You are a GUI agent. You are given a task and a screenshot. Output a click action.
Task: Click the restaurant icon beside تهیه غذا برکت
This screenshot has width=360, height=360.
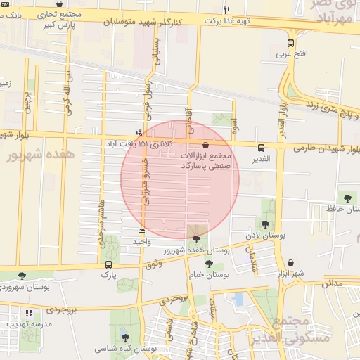[226, 10]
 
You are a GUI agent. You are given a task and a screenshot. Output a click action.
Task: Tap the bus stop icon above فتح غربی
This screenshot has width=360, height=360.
[291, 43]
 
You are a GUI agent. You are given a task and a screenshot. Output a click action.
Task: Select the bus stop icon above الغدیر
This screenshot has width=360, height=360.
[261, 148]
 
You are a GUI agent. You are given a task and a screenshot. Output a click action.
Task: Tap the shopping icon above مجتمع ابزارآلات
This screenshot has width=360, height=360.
[205, 143]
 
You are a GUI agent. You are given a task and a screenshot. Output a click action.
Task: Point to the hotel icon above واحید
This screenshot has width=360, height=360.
[142, 231]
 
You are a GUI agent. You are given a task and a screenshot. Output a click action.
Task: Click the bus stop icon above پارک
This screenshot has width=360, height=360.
[108, 264]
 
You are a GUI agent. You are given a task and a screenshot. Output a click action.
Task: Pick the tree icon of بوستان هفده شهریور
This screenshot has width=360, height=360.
[195, 240]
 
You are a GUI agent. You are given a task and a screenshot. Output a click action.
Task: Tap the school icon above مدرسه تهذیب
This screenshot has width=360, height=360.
[29, 313]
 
